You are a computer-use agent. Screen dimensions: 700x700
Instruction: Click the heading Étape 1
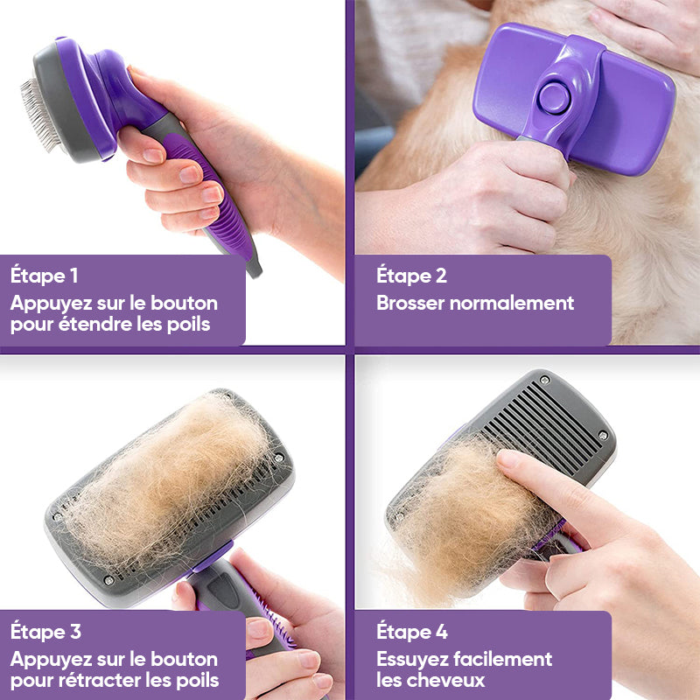pyautogui.click(x=44, y=276)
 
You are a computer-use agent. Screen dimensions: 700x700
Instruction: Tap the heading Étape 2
pyautogui.click(x=411, y=276)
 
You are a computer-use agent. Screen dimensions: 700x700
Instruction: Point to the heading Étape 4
pyautogui.click(x=412, y=631)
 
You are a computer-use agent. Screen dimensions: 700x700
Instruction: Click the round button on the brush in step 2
pyautogui.click(x=552, y=97)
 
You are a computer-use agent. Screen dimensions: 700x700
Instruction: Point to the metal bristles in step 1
pyautogui.click(x=37, y=114)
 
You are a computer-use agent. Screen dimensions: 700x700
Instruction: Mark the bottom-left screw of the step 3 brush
pyautogui.click(x=108, y=579)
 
